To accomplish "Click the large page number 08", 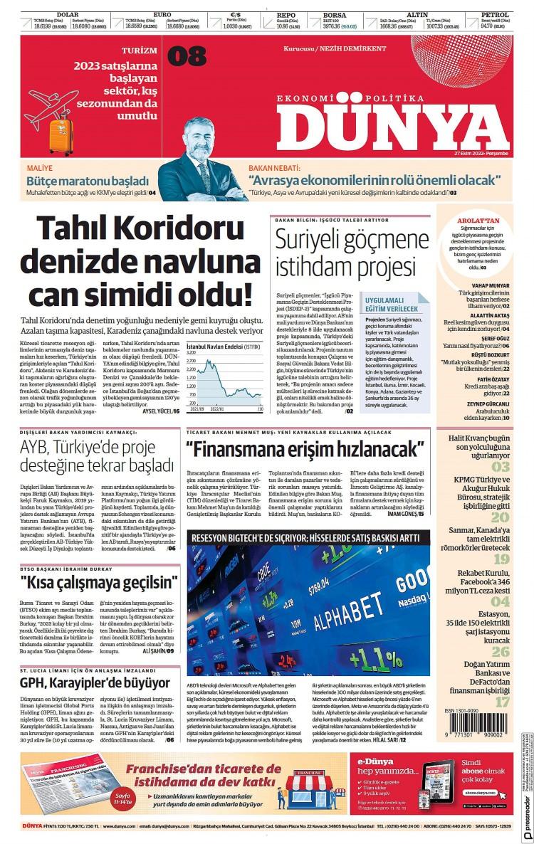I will (187, 56).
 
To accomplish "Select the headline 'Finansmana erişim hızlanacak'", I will (304, 450).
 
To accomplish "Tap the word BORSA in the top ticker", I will (334, 14).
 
